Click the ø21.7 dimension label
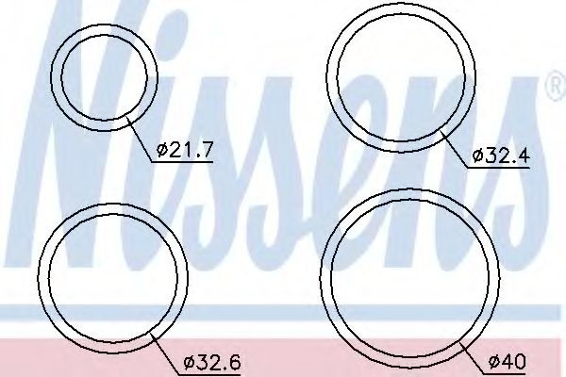coord(184,150)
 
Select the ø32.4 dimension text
coord(501,156)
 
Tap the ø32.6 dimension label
coord(212,362)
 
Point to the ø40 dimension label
coord(508,361)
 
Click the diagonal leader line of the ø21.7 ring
coord(139,139)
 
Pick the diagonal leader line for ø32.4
coord(454,150)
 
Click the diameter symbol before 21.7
coord(162,150)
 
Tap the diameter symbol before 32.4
coord(478,156)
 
